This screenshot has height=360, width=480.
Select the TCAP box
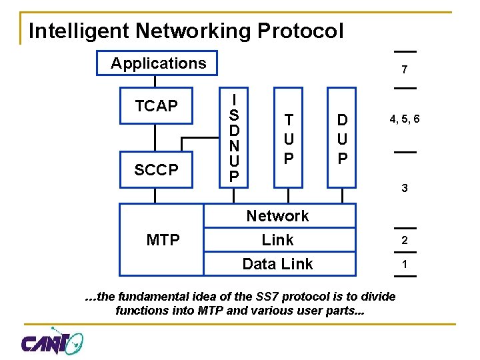[156, 106]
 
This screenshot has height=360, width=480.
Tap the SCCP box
[156, 170]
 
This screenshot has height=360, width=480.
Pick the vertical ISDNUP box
[235, 137]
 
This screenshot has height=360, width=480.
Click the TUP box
[288, 138]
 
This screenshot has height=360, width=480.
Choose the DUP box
[342, 138]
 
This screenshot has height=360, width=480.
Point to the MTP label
[163, 239]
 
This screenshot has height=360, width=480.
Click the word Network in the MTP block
[277, 216]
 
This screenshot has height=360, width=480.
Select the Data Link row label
[277, 264]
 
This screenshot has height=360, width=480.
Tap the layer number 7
[405, 70]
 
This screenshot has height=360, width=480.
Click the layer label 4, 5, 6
[405, 119]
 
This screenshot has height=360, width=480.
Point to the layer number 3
[405, 189]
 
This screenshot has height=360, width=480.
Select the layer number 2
[405, 241]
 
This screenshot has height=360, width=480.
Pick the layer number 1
[405, 264]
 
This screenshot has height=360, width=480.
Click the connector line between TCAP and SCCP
[156, 138]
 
